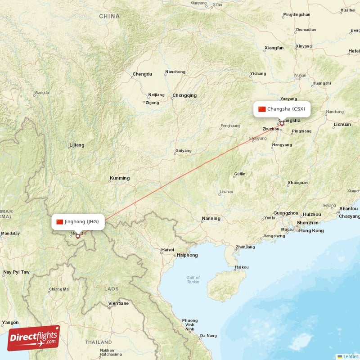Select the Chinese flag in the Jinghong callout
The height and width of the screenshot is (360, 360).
click(x=60, y=221)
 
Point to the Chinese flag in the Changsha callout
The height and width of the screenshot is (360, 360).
click(x=262, y=109)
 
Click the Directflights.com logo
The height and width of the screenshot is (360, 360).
click(x=34, y=338)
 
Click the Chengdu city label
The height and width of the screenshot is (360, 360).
click(x=142, y=74)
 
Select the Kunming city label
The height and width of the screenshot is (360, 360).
click(x=119, y=178)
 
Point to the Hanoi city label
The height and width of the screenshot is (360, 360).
click(x=167, y=250)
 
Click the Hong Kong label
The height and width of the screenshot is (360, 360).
click(x=311, y=231)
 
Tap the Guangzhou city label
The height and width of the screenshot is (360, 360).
click(x=286, y=213)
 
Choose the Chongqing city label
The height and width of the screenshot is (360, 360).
click(x=184, y=95)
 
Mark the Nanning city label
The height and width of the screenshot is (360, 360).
click(x=211, y=219)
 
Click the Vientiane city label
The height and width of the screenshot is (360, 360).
click(x=118, y=303)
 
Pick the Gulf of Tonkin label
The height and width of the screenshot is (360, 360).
click(x=193, y=280)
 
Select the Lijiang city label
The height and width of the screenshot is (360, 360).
click(x=76, y=145)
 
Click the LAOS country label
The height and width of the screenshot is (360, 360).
click(x=111, y=288)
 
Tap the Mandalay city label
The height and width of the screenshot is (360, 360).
click(x=10, y=234)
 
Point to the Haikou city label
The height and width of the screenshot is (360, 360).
click(x=241, y=267)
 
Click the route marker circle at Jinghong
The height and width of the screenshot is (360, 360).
click(x=78, y=236)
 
